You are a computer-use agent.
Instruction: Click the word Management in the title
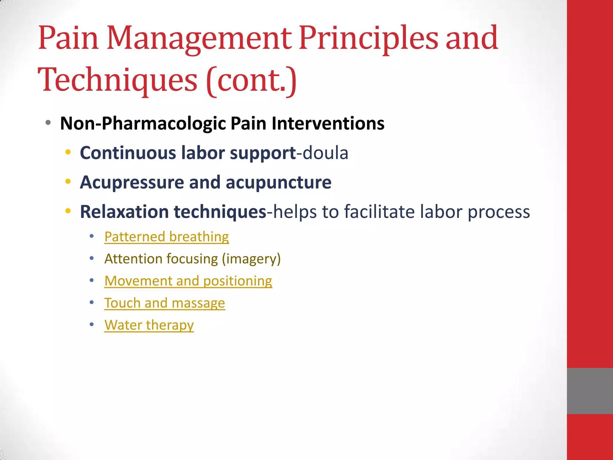199,39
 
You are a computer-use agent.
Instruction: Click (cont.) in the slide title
251,80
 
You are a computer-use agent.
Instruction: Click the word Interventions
328,123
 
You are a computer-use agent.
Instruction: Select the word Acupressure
132,182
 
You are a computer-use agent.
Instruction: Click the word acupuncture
278,182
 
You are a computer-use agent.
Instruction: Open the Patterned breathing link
167,237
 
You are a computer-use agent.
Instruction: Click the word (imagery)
251,259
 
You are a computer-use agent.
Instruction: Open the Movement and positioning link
188,281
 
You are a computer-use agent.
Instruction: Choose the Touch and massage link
165,303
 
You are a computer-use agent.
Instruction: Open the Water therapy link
149,325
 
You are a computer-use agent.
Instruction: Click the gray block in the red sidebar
590,391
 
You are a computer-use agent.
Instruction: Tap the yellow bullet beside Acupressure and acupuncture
68,181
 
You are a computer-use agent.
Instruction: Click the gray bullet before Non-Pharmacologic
48,122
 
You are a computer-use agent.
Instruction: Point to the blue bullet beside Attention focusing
92,258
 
